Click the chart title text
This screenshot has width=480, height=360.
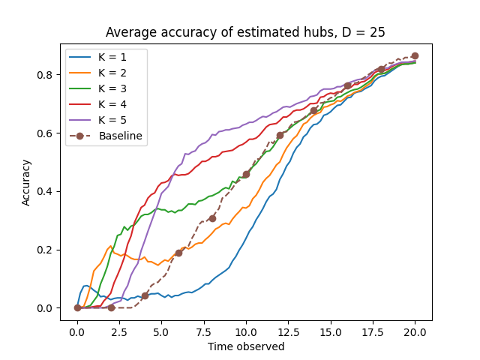pos(245,32)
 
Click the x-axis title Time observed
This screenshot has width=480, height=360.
pos(245,346)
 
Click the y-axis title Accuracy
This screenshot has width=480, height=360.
pos(26,182)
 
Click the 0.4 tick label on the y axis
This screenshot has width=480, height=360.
pos(46,191)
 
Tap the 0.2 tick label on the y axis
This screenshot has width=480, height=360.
pos(46,250)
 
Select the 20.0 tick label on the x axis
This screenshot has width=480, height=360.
pos(415,332)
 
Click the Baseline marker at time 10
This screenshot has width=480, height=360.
pos(246,174)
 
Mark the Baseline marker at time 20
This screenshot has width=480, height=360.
pos(415,55)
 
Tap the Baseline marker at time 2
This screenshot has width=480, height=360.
pos(111,307)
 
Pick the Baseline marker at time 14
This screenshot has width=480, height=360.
pos(313,110)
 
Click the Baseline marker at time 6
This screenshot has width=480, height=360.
pos(178,253)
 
